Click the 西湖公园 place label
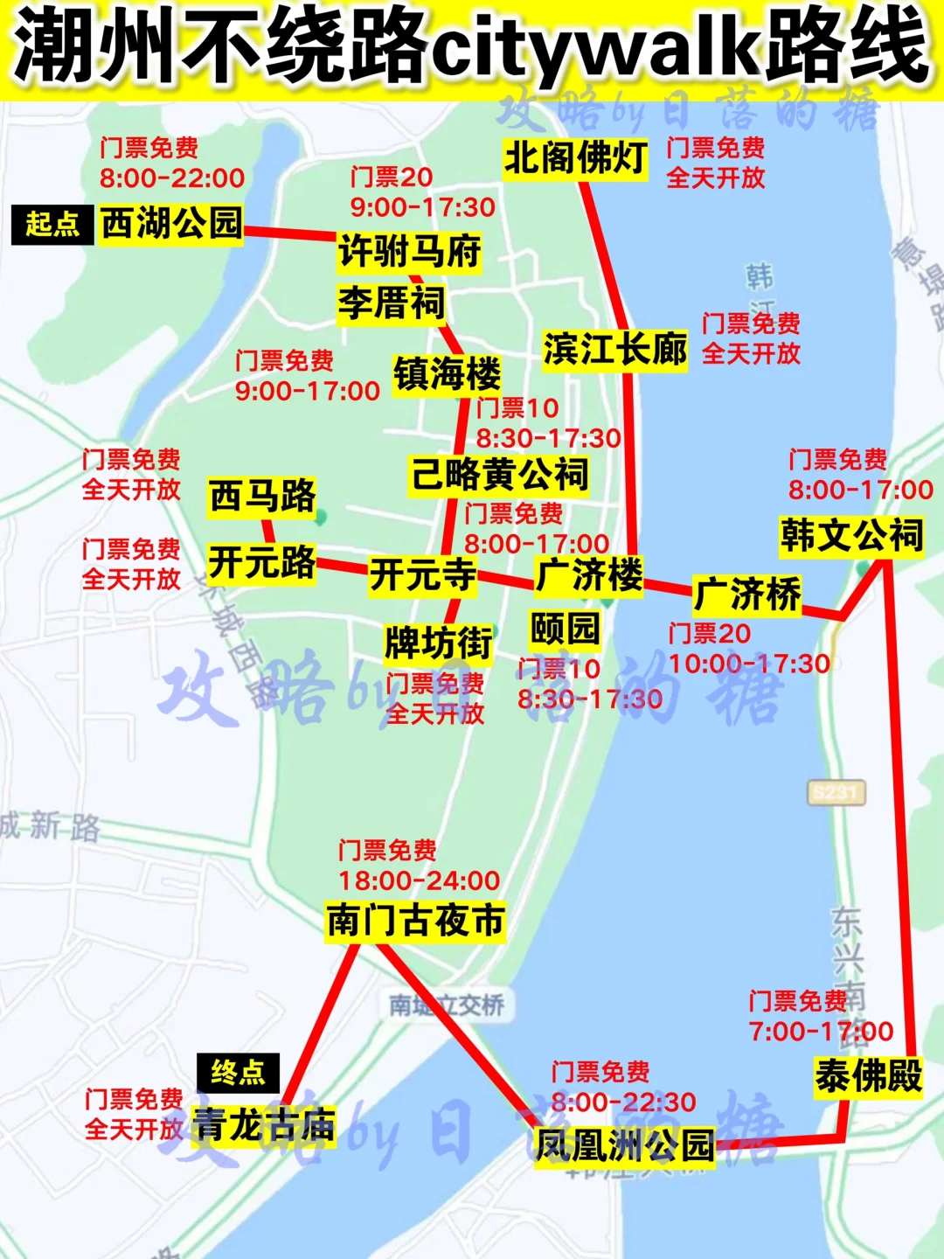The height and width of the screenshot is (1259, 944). pyautogui.click(x=170, y=223)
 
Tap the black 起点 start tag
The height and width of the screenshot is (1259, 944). pyautogui.click(x=52, y=224)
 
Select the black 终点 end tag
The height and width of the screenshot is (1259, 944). pyautogui.click(x=238, y=1072)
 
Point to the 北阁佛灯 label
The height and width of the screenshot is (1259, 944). pyautogui.click(x=575, y=158)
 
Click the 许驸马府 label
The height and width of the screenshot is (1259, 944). pyautogui.click(x=410, y=251)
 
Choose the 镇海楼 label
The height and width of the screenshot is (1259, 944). pyautogui.click(x=447, y=374)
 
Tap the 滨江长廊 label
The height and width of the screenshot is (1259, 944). pyautogui.click(x=614, y=350)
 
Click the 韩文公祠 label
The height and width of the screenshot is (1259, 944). pyautogui.click(x=851, y=535)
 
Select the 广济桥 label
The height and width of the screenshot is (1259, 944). pyautogui.click(x=746, y=595)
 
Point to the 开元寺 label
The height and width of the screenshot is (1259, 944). pyautogui.click(x=422, y=575)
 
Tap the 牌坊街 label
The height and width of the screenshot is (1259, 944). pyautogui.click(x=439, y=643)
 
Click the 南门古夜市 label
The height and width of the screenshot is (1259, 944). pyautogui.click(x=415, y=921)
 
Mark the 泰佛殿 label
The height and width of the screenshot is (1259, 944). pyautogui.click(x=868, y=1075)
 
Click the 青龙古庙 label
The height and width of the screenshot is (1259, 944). pyautogui.click(x=264, y=1125)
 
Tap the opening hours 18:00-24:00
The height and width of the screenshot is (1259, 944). pyautogui.click(x=420, y=880)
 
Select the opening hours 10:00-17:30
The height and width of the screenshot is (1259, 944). pyautogui.click(x=749, y=664)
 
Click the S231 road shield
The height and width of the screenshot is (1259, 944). pyautogui.click(x=836, y=793)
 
